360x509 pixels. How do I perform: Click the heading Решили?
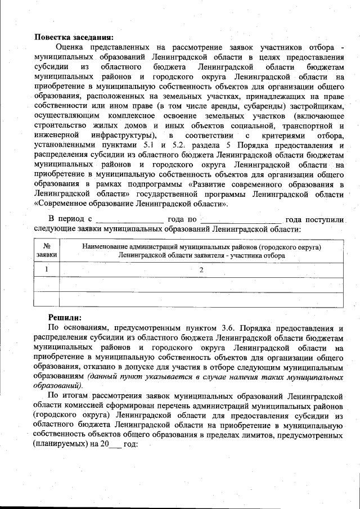pyautogui.click(x=65, y=317)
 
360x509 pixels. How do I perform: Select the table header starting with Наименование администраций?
pyautogui.click(x=201, y=251)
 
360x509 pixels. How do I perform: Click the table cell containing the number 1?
pyautogui.click(x=47, y=269)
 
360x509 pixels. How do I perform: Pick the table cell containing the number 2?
pyautogui.click(x=201, y=269)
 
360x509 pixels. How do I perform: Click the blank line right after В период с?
pyautogui.click(x=129, y=219)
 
